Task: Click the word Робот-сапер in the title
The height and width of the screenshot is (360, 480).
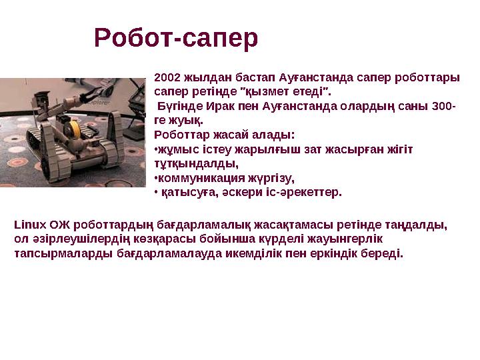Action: (176, 39)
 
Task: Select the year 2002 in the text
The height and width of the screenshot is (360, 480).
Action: (167, 77)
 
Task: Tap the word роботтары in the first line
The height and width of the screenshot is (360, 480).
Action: (431, 77)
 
